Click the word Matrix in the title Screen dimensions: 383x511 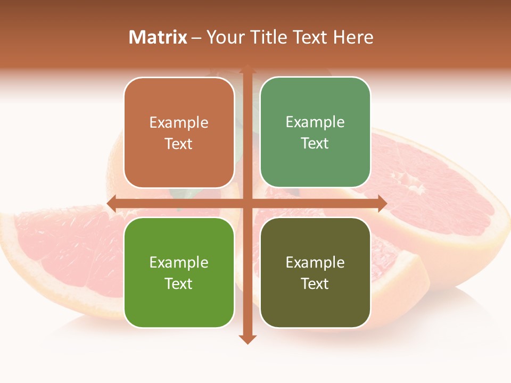[158, 37]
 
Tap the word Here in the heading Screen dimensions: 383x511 [353, 37]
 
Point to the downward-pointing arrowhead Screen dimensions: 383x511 [247, 339]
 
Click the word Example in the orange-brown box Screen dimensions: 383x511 [179, 123]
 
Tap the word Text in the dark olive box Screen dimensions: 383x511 [315, 284]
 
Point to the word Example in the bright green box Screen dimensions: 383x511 [179, 262]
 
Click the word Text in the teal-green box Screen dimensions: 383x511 [315, 144]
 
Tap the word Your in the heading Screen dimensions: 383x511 [226, 37]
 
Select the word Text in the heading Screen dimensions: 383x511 [309, 37]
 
